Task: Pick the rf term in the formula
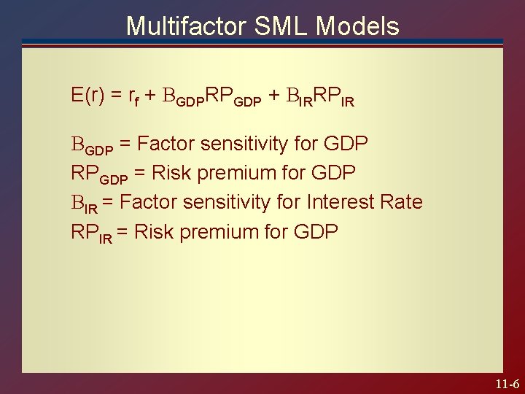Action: click(x=133, y=97)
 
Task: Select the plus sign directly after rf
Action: click(x=149, y=96)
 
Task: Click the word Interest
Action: click(x=342, y=201)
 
